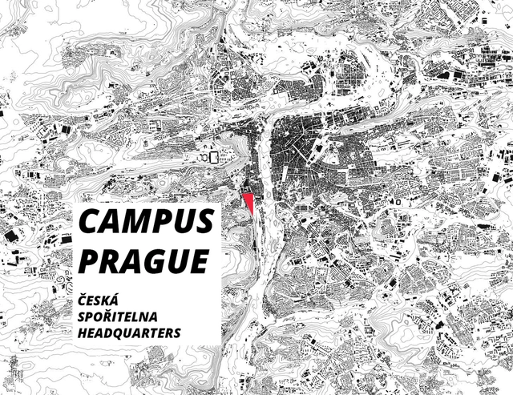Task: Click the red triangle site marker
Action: click(x=250, y=201)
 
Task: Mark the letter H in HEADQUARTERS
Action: click(x=83, y=331)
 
